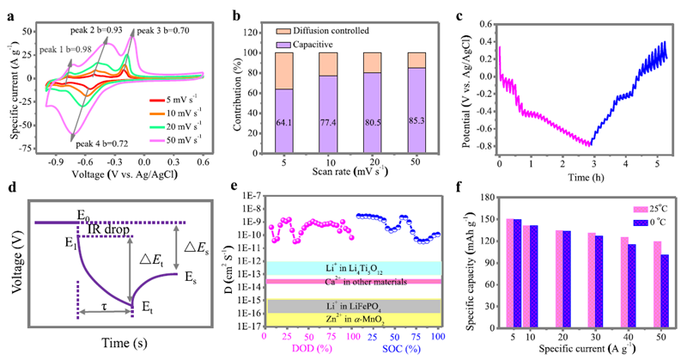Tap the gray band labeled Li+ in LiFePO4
pos(354,306)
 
